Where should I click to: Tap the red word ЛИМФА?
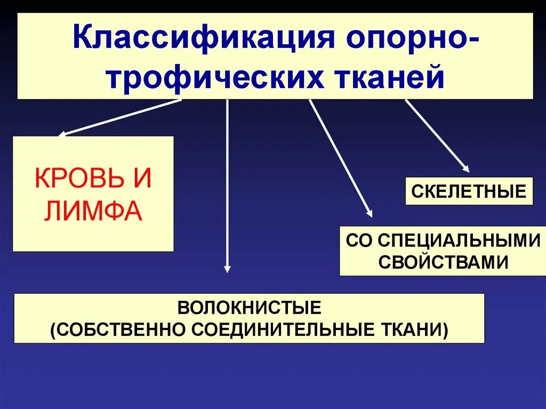tap(93, 212)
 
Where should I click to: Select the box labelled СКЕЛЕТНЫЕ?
tap(469, 191)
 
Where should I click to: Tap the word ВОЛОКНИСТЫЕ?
tap(249, 308)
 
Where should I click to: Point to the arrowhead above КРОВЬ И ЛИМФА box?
tap(62, 134)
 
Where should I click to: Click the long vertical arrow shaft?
tap(228, 181)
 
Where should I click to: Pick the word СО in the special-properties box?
tap(359, 240)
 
